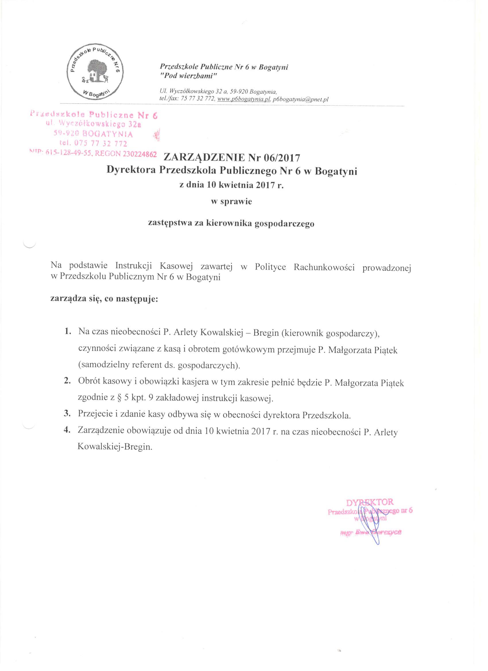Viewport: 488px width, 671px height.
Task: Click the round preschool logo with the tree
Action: click(x=94, y=74)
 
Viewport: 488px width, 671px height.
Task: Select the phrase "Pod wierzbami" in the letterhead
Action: click(x=189, y=76)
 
